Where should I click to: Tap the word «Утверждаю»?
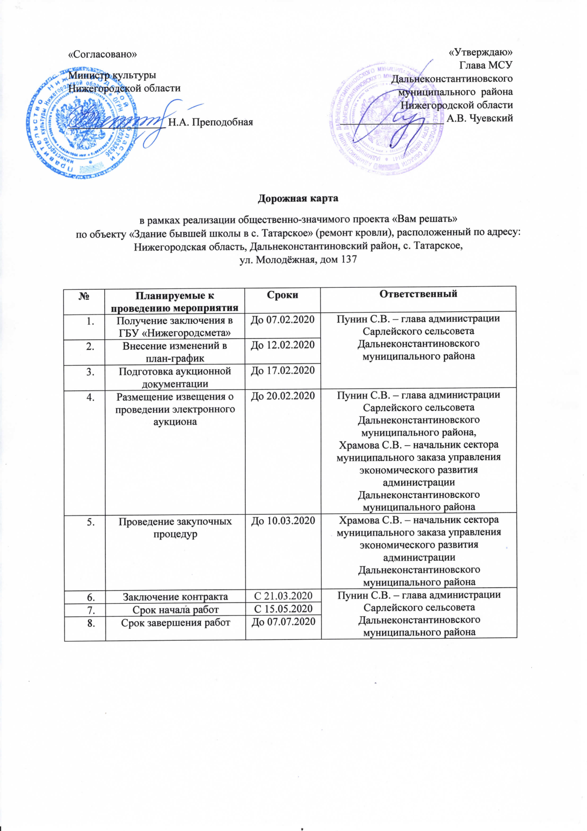[x=480, y=53]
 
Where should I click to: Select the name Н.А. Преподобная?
[x=211, y=122]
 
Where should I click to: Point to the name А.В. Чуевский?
[x=480, y=118]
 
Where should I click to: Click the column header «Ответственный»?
[x=418, y=294]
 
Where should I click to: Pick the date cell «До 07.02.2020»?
[x=282, y=320]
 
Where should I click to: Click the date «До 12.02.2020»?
[x=282, y=345]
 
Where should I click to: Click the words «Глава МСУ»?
[x=486, y=65]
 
